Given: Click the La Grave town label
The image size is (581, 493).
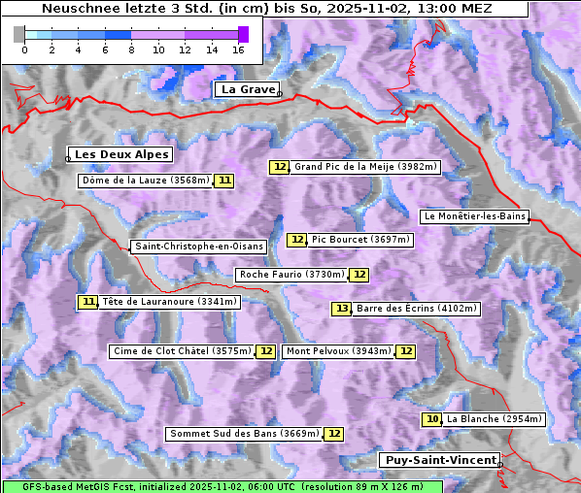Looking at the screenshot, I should (248, 89).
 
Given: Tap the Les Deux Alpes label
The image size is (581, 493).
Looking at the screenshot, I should (122, 154).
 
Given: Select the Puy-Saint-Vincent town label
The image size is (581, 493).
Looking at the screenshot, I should (439, 460).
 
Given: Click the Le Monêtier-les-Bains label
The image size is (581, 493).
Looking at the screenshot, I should (475, 215).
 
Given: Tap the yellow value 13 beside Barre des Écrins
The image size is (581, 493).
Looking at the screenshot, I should (341, 309).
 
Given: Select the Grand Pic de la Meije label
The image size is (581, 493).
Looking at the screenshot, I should (365, 167).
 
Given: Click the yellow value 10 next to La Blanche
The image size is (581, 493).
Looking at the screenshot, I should (432, 419).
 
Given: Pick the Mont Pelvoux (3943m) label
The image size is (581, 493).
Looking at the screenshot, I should (338, 351).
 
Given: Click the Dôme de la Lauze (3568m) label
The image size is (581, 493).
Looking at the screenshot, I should (146, 181).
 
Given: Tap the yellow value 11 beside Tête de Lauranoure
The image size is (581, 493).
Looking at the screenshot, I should (88, 302).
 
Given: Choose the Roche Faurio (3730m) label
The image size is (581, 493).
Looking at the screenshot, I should (291, 275).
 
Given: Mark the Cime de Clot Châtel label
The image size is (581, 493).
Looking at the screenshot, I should (182, 351).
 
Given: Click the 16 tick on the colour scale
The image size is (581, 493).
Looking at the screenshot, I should (239, 49).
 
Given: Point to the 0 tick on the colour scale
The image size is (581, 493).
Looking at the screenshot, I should (24, 49).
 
